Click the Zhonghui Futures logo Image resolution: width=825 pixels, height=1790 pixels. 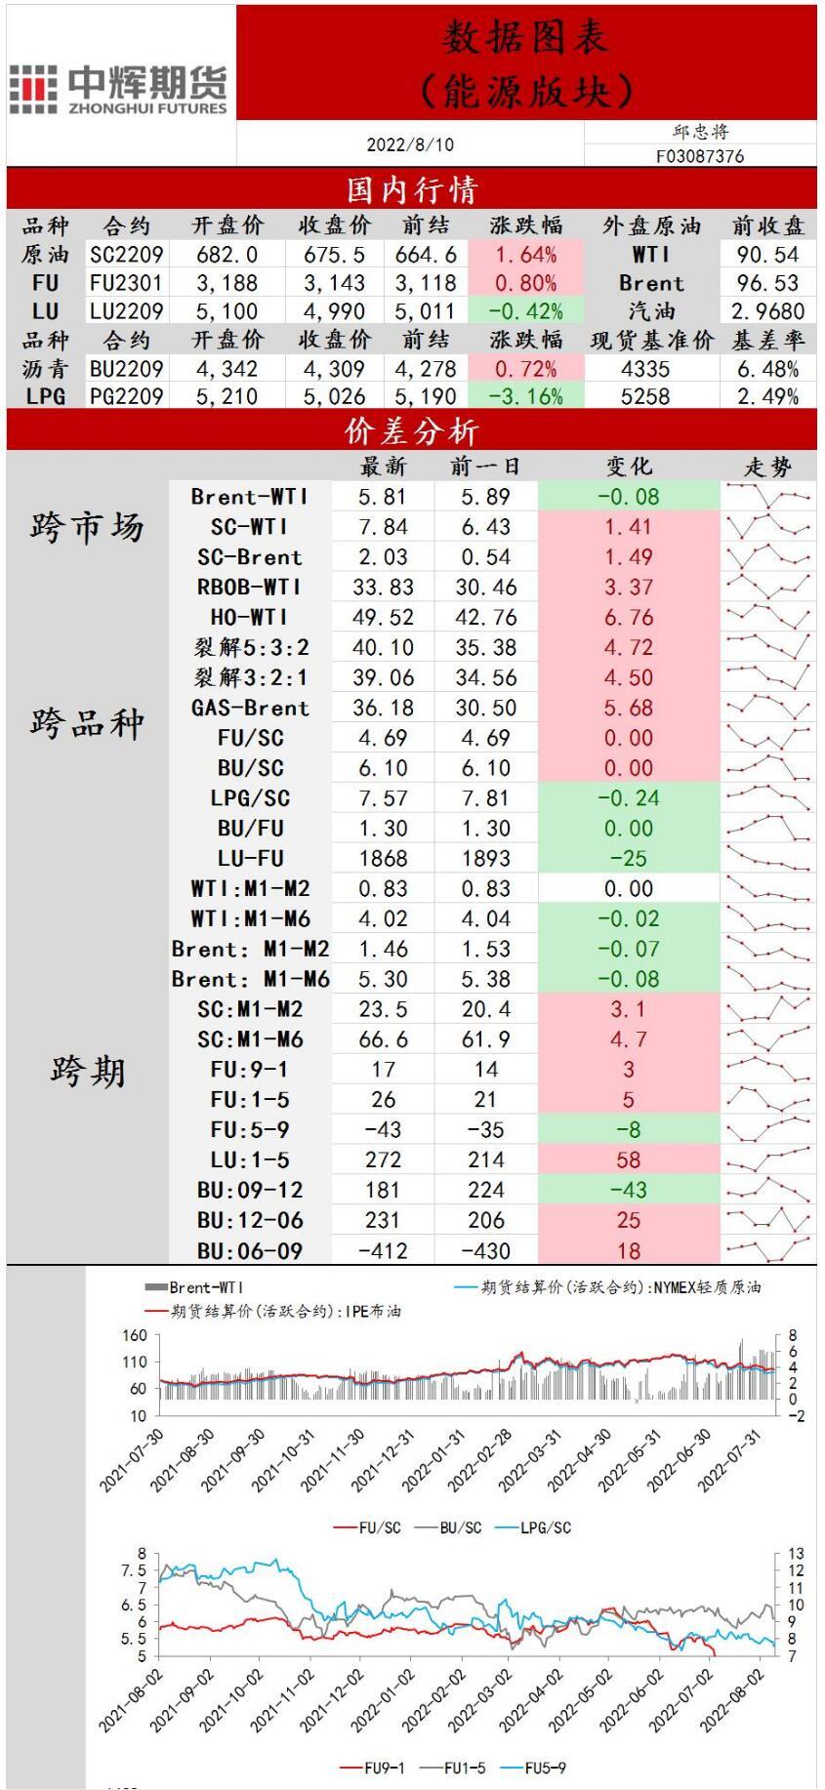pyautogui.click(x=119, y=89)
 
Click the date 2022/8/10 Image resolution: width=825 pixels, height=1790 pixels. pyautogui.click(x=410, y=144)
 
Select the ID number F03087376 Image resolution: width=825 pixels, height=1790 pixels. pyautogui.click(x=700, y=156)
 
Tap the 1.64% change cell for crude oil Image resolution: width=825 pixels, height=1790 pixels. pyautogui.click(x=525, y=255)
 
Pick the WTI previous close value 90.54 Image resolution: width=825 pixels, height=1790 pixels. pyautogui.click(x=767, y=255)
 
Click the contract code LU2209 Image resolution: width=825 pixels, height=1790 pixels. pyautogui.click(x=127, y=311)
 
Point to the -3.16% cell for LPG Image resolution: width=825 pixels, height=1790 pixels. pyautogui.click(x=525, y=396)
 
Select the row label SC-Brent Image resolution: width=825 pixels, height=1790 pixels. pyautogui.click(x=250, y=557)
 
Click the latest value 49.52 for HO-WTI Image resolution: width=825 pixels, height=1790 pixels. pyautogui.click(x=383, y=618)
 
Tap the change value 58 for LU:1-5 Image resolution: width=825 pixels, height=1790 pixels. pyautogui.click(x=628, y=1160)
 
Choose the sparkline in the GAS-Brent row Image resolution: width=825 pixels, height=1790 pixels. pyautogui.click(x=769, y=708)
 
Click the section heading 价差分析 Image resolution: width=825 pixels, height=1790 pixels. pyautogui.click(x=411, y=431)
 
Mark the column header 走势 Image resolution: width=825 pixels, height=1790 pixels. pyautogui.click(x=768, y=467)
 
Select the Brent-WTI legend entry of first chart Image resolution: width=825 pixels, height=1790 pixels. pyautogui.click(x=195, y=1288)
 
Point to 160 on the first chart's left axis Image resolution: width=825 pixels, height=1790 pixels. pyautogui.click(x=135, y=1335)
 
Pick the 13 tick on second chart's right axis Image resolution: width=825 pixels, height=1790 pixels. pyautogui.click(x=796, y=1553)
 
